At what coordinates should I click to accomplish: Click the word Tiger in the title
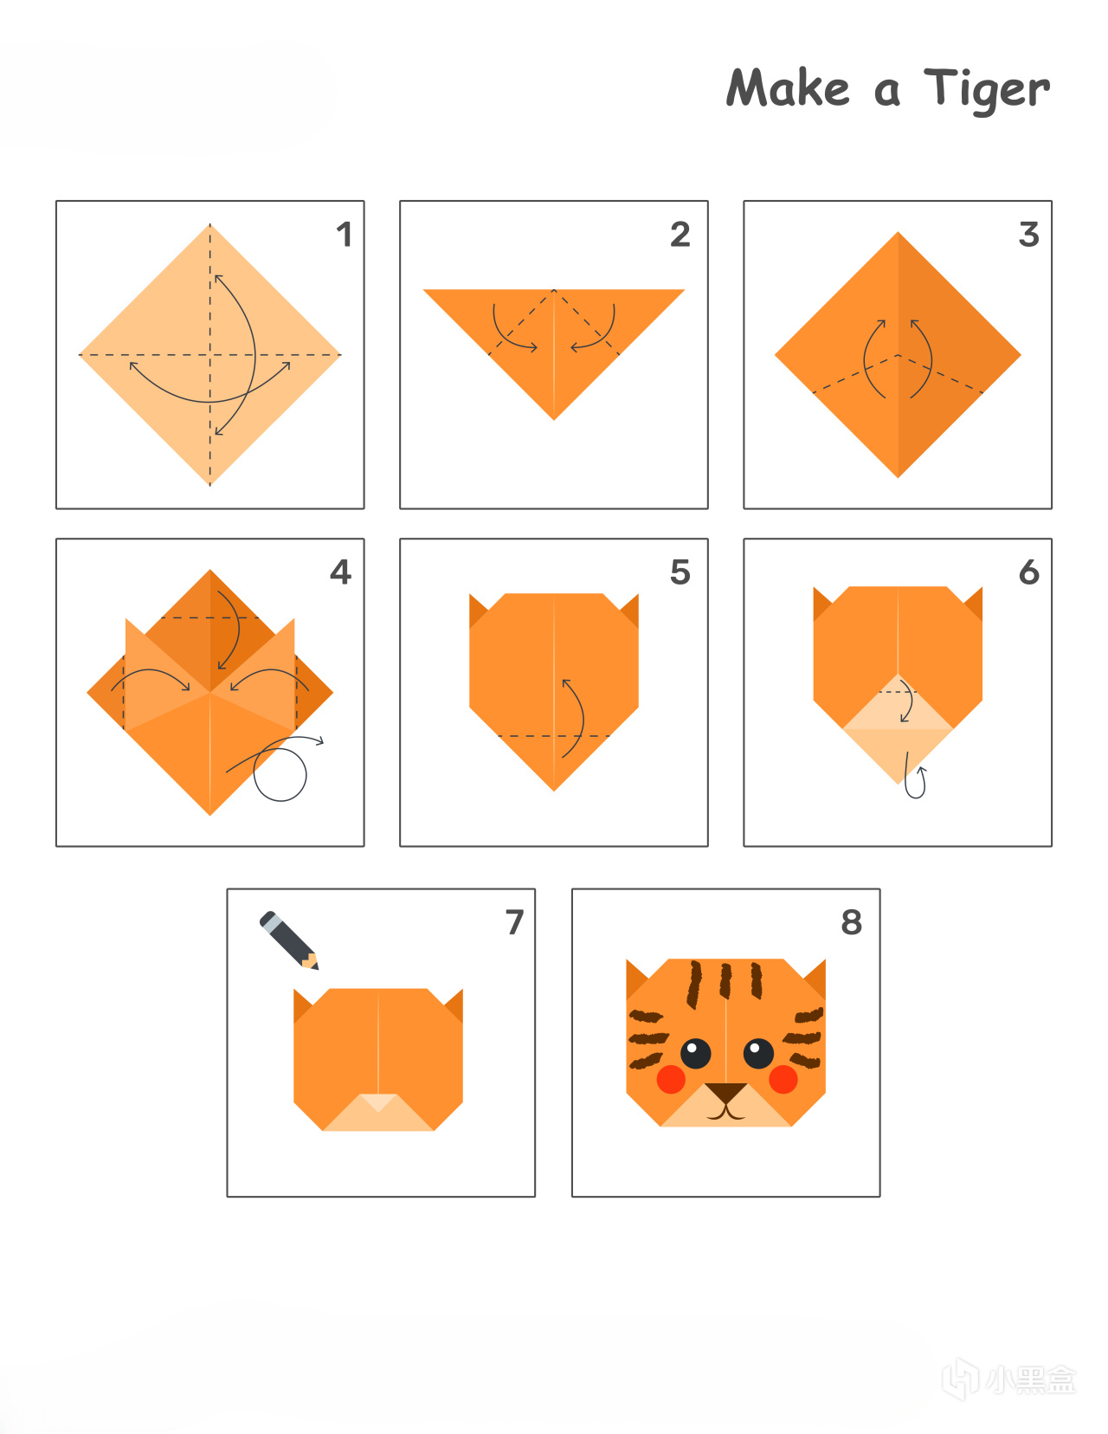pos(987,90)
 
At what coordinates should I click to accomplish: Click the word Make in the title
pos(788,87)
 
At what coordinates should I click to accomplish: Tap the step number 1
pos(345,235)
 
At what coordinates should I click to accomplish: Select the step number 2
pos(680,235)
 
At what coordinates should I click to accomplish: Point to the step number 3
pos(1029,235)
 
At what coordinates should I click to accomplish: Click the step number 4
pos(341,572)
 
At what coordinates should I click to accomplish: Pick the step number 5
pos(680,572)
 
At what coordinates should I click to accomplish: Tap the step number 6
pos(1029,572)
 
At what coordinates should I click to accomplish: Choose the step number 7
pos(515,922)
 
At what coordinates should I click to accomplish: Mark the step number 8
pos(852,922)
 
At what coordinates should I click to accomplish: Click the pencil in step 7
pos(289,940)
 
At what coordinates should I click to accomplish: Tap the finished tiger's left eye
pos(695,1053)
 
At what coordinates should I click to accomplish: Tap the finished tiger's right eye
pos(758,1053)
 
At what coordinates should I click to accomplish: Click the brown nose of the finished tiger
pos(725,1092)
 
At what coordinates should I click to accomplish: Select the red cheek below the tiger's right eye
pos(783,1079)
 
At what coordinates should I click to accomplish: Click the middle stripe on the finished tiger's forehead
pos(725,981)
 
